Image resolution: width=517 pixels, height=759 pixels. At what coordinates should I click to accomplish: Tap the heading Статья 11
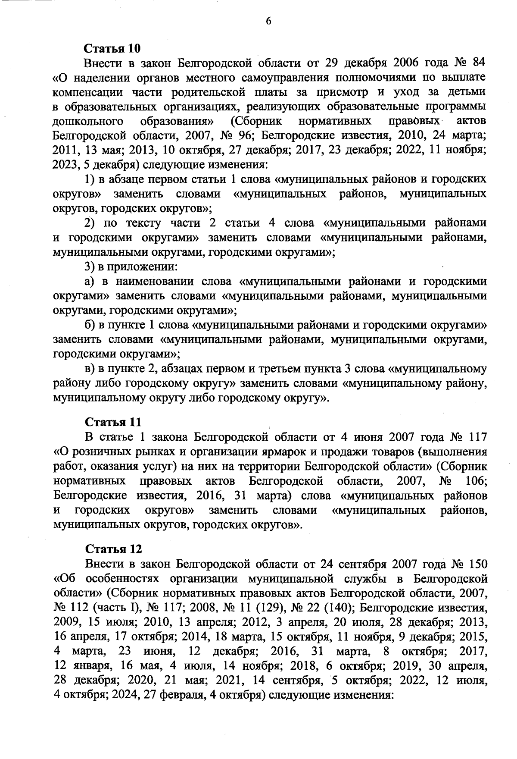tap(113, 421)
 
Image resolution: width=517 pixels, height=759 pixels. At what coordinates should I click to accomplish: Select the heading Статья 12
tap(113, 549)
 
